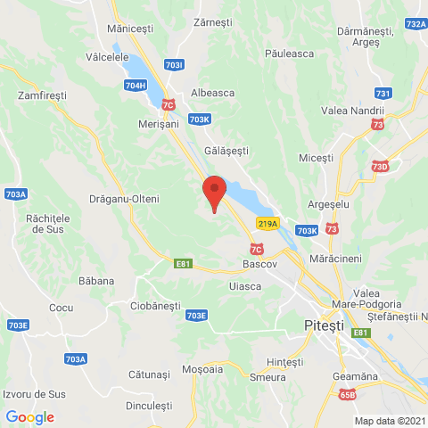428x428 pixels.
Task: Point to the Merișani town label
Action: (x=160, y=125)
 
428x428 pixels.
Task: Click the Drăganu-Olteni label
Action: (x=125, y=198)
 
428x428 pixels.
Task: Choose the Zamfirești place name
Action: (x=43, y=93)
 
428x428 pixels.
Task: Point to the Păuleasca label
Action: (x=290, y=53)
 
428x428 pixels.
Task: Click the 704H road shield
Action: (x=136, y=85)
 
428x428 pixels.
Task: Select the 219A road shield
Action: (x=267, y=223)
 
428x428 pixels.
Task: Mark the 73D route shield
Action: (x=381, y=167)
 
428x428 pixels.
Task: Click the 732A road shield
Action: (x=416, y=24)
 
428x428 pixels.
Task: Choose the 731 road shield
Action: (x=383, y=94)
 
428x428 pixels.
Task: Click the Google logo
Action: (x=29, y=417)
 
